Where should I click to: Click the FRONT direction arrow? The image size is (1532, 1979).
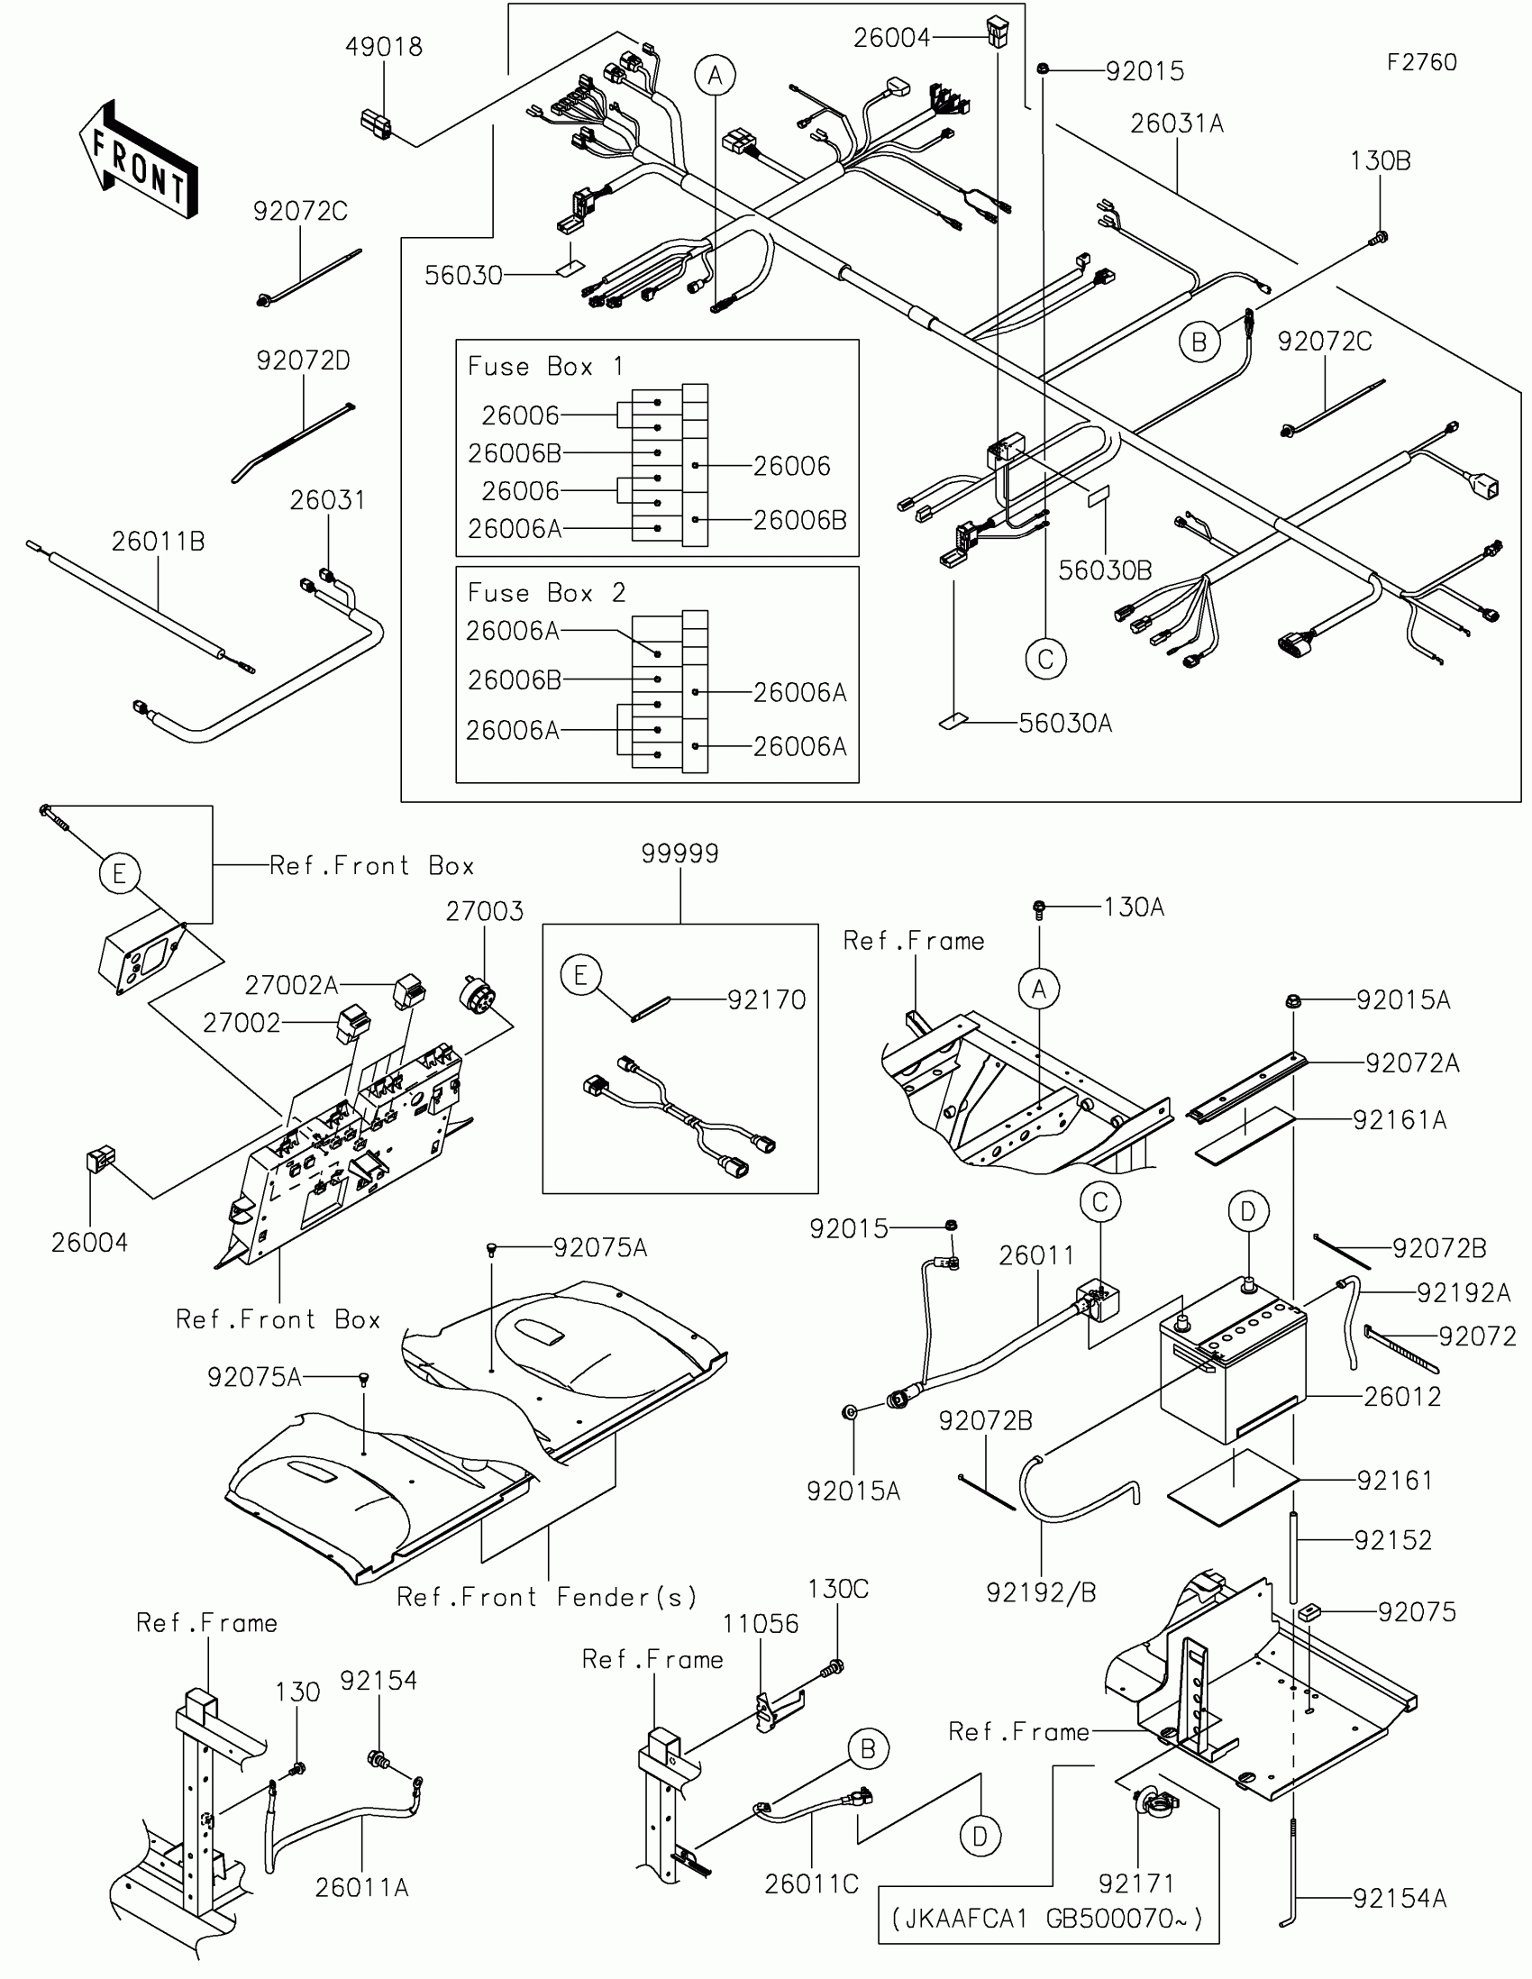coord(139,160)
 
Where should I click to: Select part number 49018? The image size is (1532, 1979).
coord(383,47)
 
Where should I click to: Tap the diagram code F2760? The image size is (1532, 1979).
coord(1421,62)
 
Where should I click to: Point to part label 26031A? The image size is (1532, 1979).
coord(1176,124)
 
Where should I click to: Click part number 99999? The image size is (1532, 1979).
coord(679,853)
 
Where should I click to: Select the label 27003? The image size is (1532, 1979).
coord(484,911)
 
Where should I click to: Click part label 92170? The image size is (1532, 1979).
coord(767,999)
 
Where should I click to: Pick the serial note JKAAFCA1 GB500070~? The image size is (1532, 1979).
coord(1047,1920)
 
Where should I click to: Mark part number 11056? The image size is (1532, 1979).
coord(760,1623)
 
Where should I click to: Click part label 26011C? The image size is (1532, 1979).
coord(811,1883)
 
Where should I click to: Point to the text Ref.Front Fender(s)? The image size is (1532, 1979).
coord(547,1597)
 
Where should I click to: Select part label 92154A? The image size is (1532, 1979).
coord(1399,1899)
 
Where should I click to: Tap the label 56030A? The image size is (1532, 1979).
coord(1064,723)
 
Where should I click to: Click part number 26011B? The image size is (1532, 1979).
coord(158,541)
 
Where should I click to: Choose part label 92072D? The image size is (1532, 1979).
coord(303,360)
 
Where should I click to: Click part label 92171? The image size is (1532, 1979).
coord(1136,1883)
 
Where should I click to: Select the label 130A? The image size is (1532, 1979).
coord(1134,907)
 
